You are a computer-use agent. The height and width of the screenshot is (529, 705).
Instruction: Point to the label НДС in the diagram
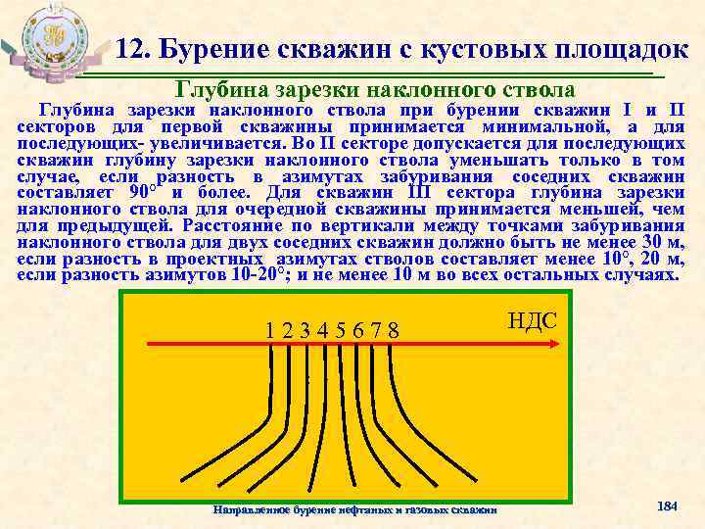[533, 320]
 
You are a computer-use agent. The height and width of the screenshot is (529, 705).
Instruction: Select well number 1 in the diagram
[269, 329]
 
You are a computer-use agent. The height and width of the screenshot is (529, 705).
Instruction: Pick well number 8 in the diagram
[393, 329]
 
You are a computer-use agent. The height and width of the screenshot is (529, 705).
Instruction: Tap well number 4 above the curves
[322, 329]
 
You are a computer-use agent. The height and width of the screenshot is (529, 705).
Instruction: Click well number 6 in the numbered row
[357, 329]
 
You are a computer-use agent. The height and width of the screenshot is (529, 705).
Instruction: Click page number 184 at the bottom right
[667, 505]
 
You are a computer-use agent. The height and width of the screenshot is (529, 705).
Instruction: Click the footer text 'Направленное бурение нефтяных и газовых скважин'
[354, 509]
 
